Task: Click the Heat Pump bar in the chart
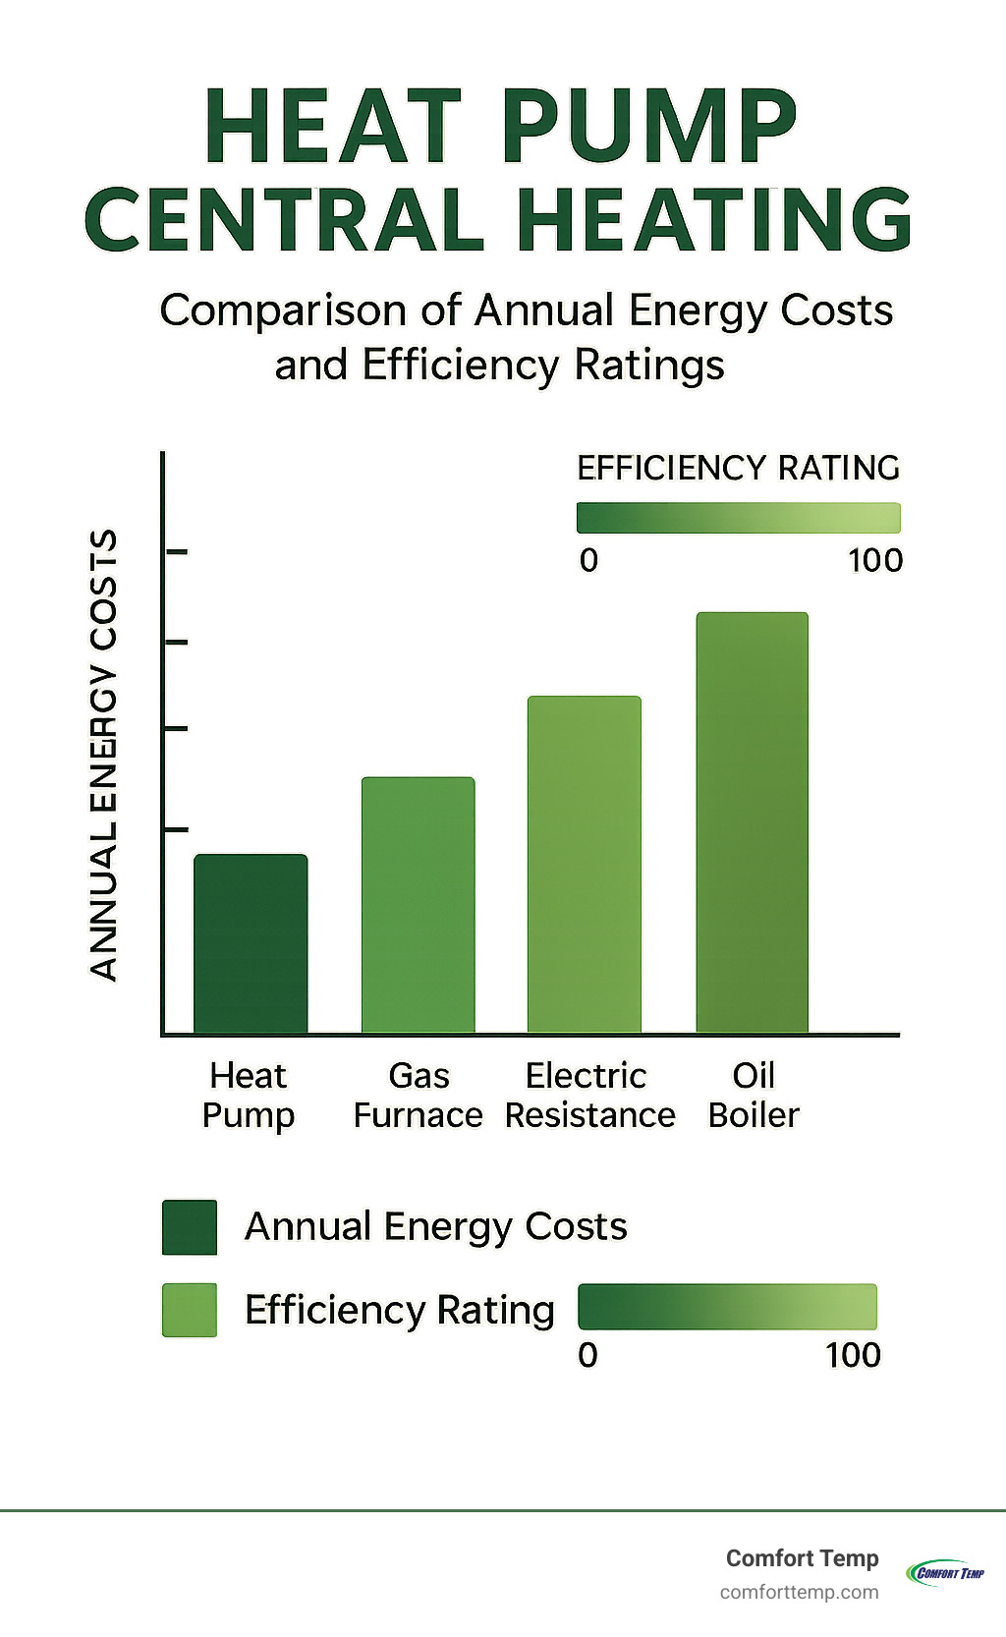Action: pos(251,943)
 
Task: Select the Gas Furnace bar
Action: pos(418,904)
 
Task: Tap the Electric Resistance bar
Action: pos(585,865)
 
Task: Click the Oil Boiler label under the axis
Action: pos(754,1096)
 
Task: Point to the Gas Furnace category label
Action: pos(418,1096)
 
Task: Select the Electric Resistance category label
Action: pos(589,1096)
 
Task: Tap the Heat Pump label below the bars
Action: pos(249,1096)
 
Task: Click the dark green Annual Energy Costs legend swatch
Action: pos(190,1227)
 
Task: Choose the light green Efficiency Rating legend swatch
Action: pos(190,1310)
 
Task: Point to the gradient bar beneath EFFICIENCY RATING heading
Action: pos(738,518)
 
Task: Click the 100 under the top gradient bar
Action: pos(874,561)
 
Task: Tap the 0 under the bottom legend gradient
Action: pos(587,1355)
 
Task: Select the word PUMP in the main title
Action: pos(649,128)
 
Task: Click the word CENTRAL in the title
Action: pos(285,219)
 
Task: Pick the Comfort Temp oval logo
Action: pos(946,1572)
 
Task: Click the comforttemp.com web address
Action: pos(799,1592)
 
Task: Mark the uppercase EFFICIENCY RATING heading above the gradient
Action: pos(738,468)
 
